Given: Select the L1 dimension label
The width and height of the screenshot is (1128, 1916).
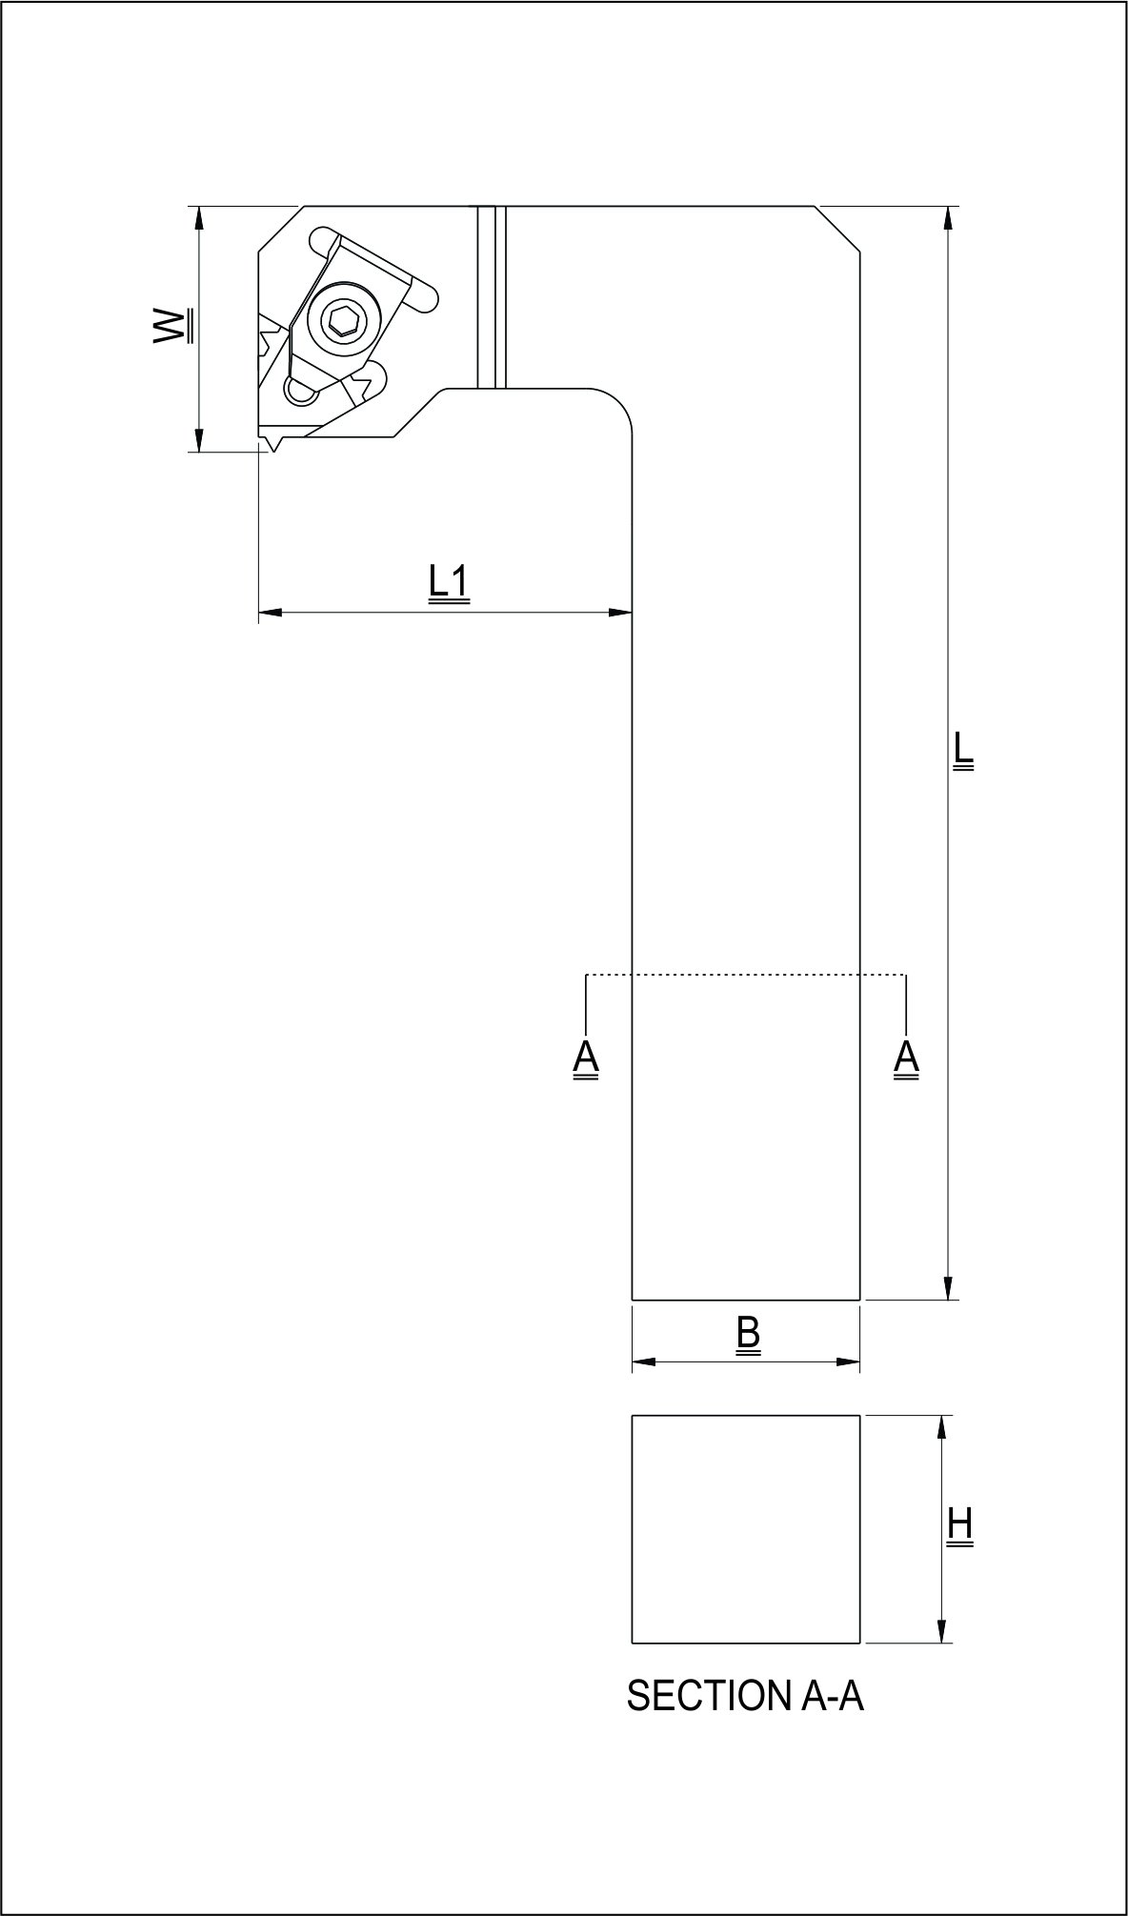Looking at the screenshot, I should [448, 583].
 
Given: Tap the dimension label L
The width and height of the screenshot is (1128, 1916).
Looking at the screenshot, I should [963, 750].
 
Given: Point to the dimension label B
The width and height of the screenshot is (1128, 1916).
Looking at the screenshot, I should [748, 1333].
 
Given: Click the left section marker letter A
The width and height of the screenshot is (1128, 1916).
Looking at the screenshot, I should [586, 1058].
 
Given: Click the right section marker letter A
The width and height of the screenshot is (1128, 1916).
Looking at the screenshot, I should [906, 1058].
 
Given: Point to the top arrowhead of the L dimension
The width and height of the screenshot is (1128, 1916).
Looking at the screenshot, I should [947, 218].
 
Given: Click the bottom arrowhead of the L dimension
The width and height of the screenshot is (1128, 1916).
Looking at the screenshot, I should [947, 1287].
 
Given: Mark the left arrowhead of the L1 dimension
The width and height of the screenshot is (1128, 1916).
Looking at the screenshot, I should [271, 612].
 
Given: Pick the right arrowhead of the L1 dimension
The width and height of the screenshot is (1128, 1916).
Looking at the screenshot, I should [621, 612].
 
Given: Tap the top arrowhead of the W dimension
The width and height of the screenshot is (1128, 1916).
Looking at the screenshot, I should [199, 218].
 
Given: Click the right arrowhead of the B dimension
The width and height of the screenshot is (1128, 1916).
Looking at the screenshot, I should [849, 1361].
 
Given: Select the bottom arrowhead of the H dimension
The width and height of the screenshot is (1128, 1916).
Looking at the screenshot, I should [942, 1630].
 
